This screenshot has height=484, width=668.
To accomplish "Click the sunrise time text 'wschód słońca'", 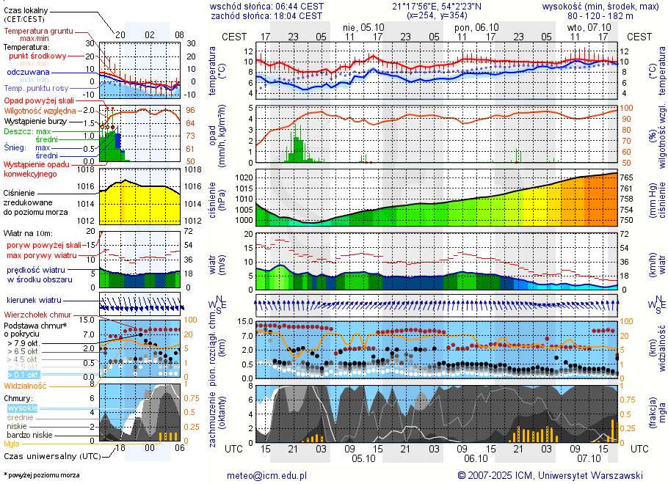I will click(x=239, y=6).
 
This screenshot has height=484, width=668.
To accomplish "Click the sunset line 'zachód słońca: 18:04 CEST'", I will click(x=266, y=15).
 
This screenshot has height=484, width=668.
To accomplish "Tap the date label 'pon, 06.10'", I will click(x=476, y=27).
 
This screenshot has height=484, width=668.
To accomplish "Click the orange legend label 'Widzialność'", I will click(x=26, y=385).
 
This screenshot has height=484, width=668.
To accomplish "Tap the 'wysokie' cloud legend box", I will click(x=21, y=408).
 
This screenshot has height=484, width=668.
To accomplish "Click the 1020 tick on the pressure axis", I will click(x=244, y=177).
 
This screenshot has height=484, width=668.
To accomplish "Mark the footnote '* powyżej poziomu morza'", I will click(x=41, y=475).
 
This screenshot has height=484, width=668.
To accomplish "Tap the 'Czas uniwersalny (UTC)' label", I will click(x=50, y=455).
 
